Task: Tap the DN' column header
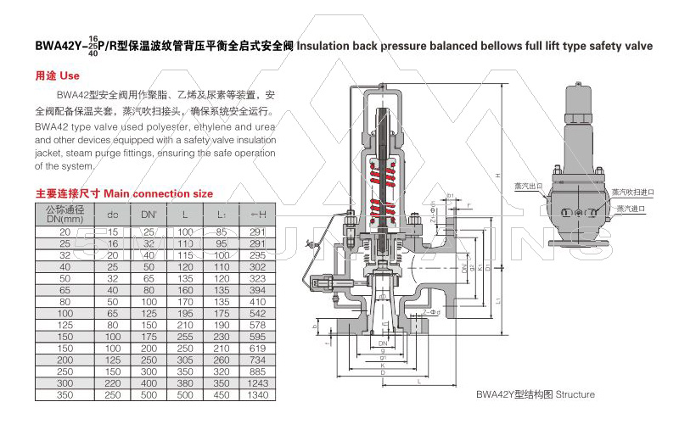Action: click(149, 214)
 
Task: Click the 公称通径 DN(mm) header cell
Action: click(65, 214)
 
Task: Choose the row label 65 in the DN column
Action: click(65, 289)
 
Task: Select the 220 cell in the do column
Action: click(112, 383)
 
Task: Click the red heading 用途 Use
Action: click(57, 75)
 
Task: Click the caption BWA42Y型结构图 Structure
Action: click(535, 394)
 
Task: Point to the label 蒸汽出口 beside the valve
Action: click(526, 185)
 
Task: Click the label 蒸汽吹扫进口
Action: click(632, 193)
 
